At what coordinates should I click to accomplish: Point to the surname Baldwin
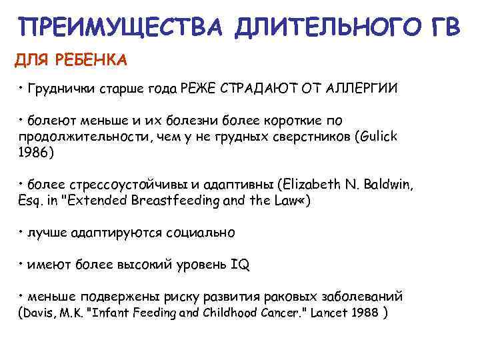coord(393,185)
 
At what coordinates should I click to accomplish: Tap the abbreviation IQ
coord(240,265)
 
